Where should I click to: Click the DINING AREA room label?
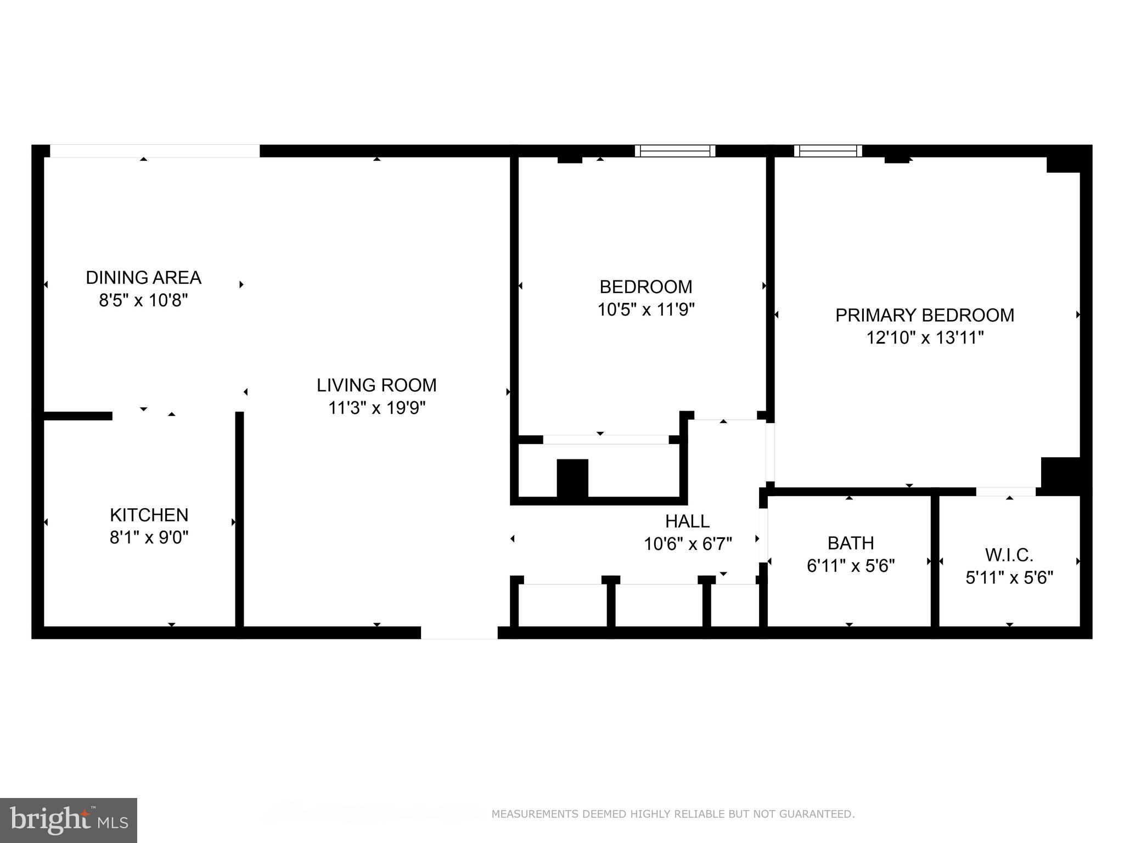tap(143, 278)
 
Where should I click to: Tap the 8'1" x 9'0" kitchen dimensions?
tap(149, 537)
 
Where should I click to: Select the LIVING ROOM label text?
tap(376, 385)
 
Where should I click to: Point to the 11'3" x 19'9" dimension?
tap(376, 408)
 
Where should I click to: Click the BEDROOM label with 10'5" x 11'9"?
tap(645, 287)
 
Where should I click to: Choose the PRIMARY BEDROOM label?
tap(924, 315)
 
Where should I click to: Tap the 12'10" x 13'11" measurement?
tap(924, 338)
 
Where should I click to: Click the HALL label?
tap(687, 521)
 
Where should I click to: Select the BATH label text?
tap(850, 543)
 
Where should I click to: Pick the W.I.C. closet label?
tap(1009, 555)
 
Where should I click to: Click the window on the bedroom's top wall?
tap(675, 151)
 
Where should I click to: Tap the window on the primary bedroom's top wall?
tap(828, 151)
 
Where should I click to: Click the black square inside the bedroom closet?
tap(572, 478)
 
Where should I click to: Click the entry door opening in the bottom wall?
tap(459, 632)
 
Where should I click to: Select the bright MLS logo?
tap(68, 820)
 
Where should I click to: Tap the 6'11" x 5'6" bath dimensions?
tap(850, 566)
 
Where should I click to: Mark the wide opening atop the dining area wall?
tap(154, 151)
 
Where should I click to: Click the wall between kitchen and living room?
tap(239, 519)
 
